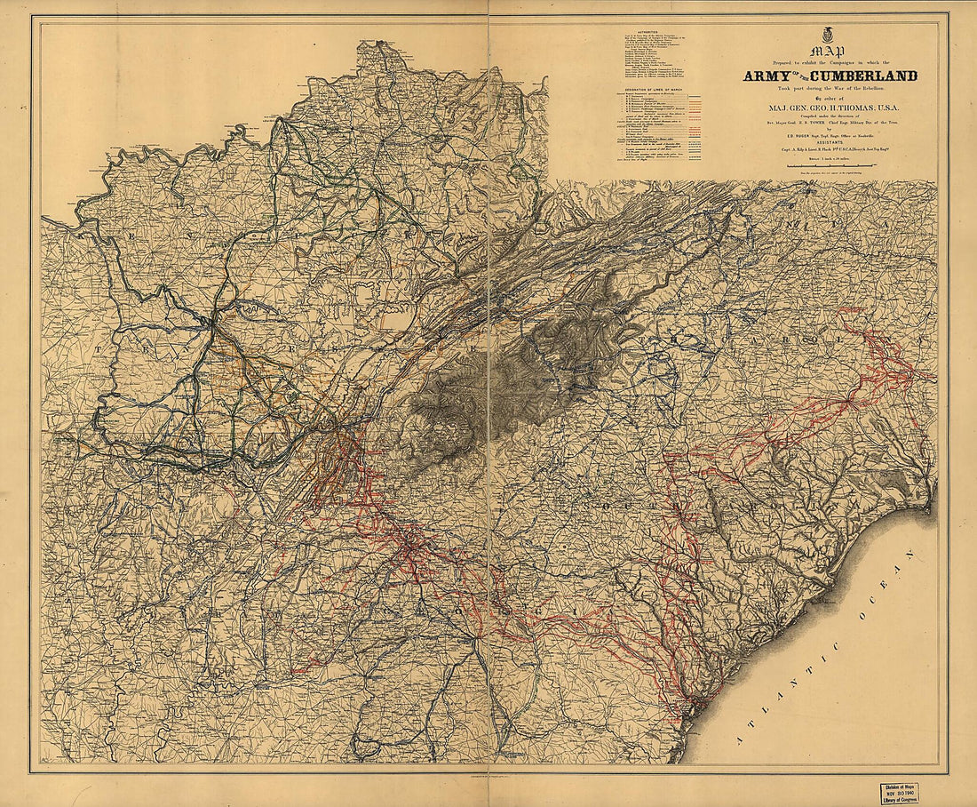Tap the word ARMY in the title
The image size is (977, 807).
click(771, 76)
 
